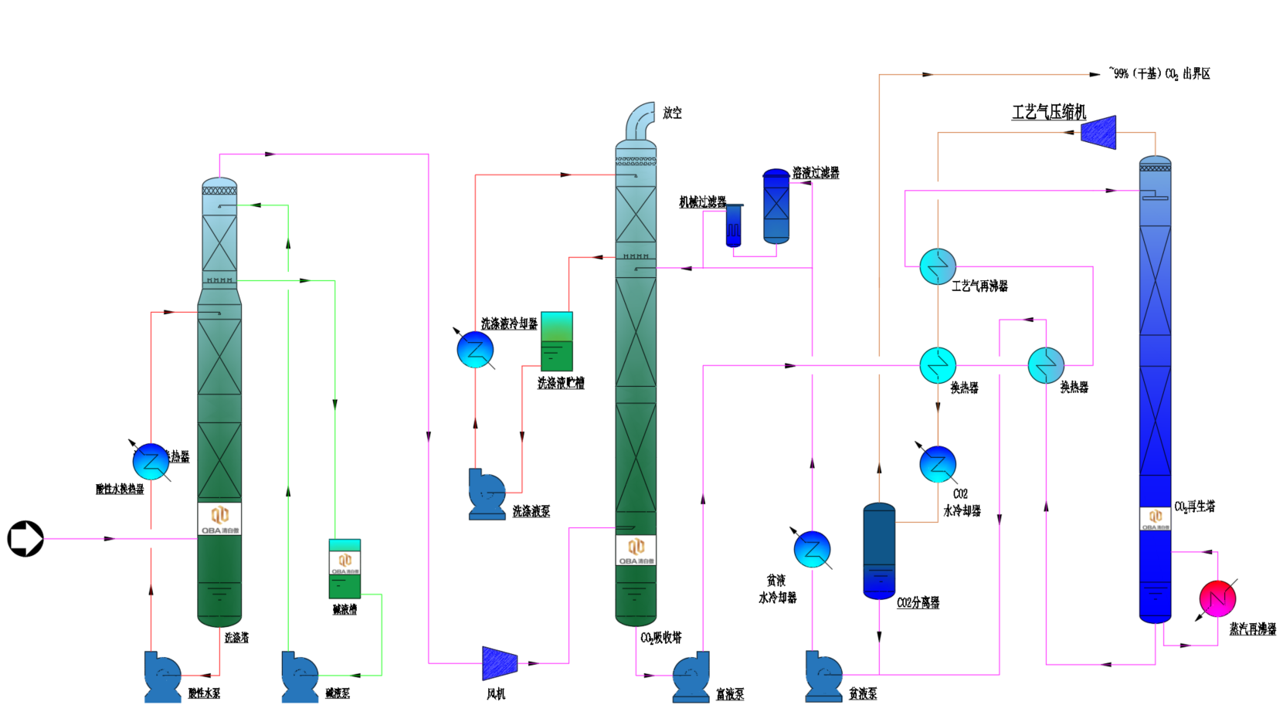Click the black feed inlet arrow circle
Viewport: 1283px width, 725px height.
[x=25, y=538]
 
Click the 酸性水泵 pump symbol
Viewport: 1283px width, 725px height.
[x=162, y=677]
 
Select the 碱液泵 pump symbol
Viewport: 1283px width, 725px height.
[x=300, y=677]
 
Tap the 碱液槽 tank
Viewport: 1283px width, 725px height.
[x=345, y=569]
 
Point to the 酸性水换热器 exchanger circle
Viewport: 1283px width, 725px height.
[x=151, y=462]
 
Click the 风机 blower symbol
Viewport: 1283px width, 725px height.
[x=499, y=663]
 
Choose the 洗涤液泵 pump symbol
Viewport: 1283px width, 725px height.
[x=487, y=494]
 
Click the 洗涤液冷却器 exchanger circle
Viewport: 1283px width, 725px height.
[x=475, y=350]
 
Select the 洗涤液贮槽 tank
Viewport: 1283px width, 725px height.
[x=557, y=340]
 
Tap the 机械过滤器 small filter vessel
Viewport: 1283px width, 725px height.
[x=734, y=225]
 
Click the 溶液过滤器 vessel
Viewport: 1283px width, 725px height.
[x=776, y=206]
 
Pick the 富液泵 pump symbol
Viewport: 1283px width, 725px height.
[x=691, y=677]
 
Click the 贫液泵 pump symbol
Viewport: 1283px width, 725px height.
[x=823, y=677]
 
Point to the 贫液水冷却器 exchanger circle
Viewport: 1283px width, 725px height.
[x=812, y=549]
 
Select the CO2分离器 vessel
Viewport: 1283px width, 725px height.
[x=879, y=551]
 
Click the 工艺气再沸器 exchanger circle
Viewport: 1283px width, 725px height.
[x=938, y=266]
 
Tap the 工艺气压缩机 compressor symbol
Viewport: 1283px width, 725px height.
[x=1098, y=132]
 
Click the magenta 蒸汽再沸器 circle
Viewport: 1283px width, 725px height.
[x=1217, y=598]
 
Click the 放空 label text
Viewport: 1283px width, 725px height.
[x=672, y=113]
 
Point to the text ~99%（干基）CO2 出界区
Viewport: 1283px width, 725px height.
[x=1159, y=73]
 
